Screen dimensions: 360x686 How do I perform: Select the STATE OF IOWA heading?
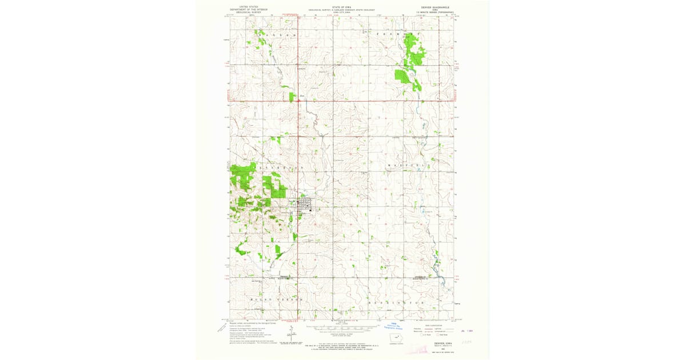tap(342, 7)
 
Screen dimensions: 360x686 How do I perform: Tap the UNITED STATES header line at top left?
tap(249, 7)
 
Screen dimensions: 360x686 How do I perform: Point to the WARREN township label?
tap(279, 35)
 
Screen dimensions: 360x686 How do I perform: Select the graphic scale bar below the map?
tap(342, 328)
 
